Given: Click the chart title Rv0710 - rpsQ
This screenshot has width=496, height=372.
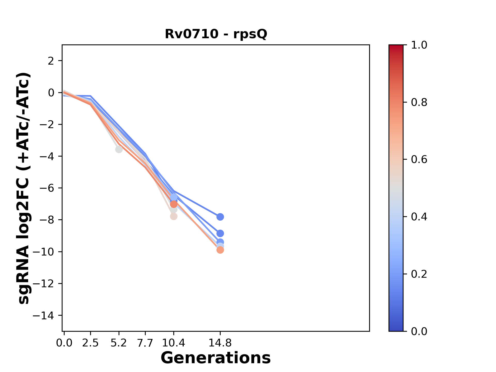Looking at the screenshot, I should (216, 34).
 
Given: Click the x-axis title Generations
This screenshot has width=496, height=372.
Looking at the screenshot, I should (216, 358).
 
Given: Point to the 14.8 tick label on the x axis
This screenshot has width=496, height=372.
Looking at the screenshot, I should (220, 343).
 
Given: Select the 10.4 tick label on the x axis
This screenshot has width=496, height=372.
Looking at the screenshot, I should (174, 343).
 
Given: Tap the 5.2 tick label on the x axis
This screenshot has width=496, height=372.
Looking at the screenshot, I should (119, 343).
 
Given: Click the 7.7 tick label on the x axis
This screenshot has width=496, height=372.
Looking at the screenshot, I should (145, 343).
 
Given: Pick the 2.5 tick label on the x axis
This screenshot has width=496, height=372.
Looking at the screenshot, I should (90, 343).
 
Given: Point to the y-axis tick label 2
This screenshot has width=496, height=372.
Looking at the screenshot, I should (51, 61).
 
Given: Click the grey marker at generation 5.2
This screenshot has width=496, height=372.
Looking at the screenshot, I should (119, 149).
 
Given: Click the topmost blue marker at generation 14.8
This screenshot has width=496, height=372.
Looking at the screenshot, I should (220, 217).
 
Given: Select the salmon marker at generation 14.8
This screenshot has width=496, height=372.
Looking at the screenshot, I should (220, 250).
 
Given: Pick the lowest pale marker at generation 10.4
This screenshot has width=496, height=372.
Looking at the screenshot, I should (174, 216).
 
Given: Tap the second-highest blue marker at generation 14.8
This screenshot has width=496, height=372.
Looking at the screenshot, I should (220, 233).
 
